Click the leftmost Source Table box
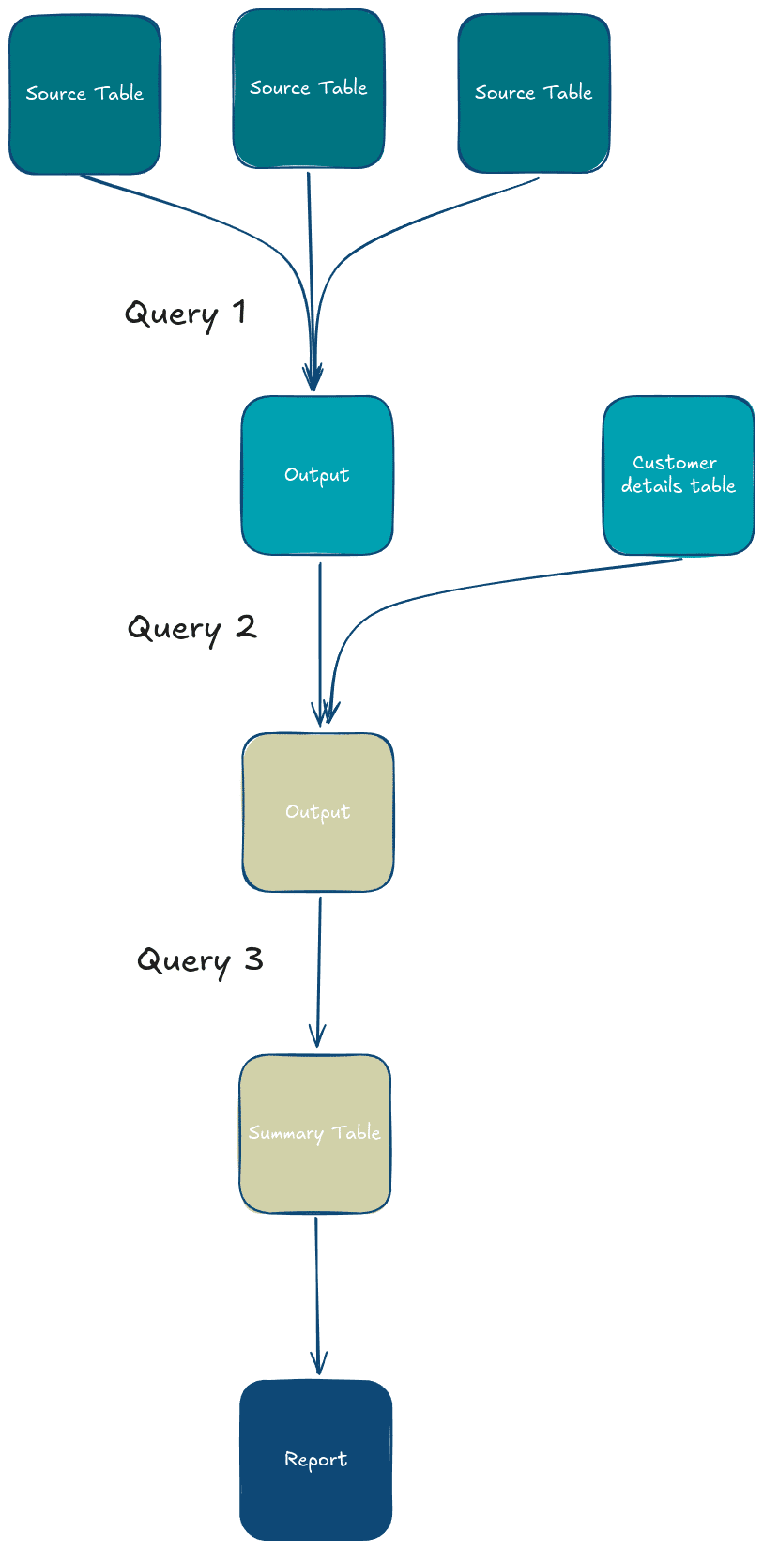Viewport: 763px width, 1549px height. click(84, 94)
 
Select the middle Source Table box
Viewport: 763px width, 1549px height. click(309, 89)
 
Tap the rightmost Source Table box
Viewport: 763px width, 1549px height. click(534, 93)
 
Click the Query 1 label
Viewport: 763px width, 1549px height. click(186, 314)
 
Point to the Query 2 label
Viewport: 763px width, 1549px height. click(191, 628)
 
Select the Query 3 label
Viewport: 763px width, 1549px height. click(200, 960)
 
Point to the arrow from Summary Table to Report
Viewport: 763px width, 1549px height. click(316, 1296)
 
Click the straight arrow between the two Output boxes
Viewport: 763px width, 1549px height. click(320, 638)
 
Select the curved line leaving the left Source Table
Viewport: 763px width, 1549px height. click(216, 216)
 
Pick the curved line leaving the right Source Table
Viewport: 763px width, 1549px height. click(413, 221)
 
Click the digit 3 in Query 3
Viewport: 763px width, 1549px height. click(253, 959)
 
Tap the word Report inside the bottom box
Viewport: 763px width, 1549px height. click(315, 1460)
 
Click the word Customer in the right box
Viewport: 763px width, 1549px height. click(675, 463)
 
